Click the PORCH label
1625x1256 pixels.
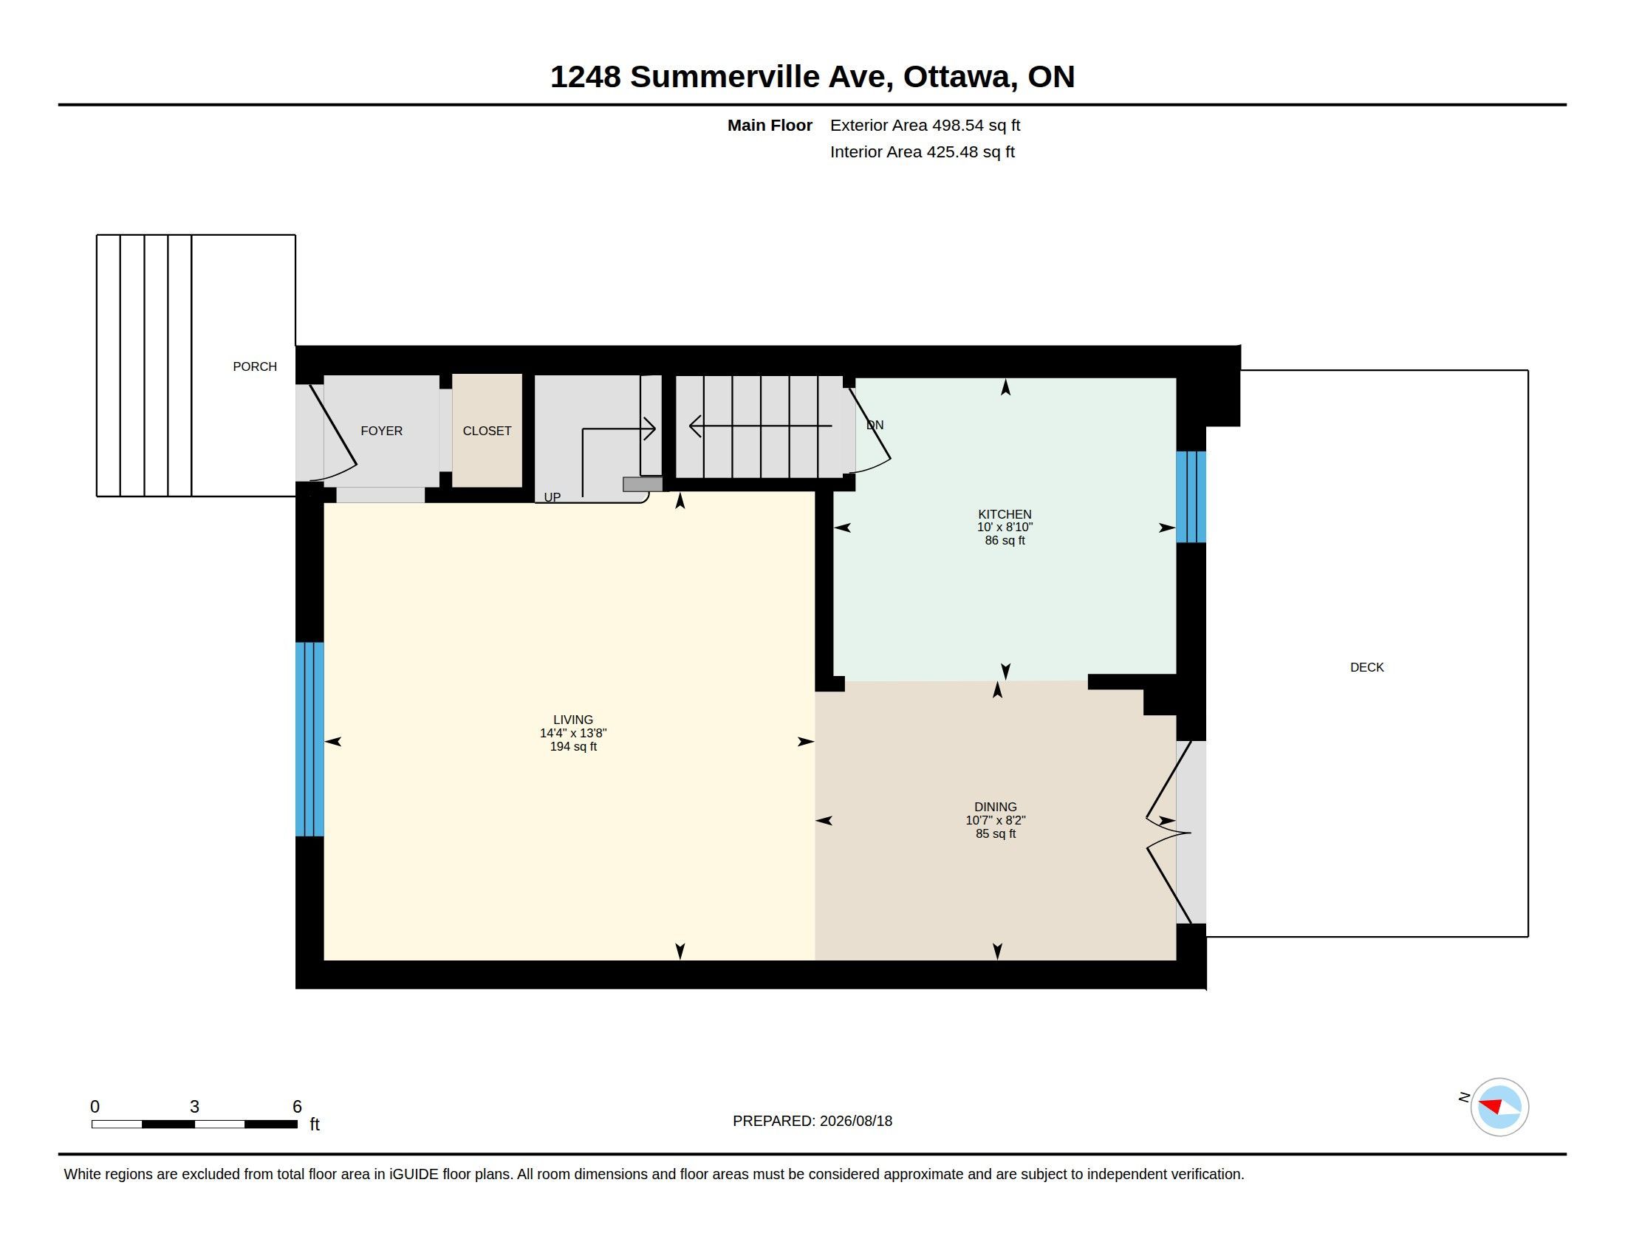click(x=255, y=366)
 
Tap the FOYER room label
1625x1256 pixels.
click(x=381, y=431)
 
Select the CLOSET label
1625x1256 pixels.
click(x=487, y=431)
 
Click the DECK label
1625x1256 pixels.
click(x=1366, y=667)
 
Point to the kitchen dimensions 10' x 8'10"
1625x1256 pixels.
click(x=1005, y=527)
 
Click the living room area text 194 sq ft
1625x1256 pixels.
click(x=573, y=746)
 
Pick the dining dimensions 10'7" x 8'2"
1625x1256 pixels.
click(x=996, y=820)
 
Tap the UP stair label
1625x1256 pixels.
click(x=552, y=497)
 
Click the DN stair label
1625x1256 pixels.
click(x=875, y=425)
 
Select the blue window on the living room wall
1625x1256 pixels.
click(x=309, y=739)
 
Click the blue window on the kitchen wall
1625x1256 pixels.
click(x=1191, y=496)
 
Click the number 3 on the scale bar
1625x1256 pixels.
click(x=194, y=1107)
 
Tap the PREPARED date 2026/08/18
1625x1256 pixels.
click(x=855, y=1121)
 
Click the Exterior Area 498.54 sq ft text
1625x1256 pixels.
click(x=925, y=125)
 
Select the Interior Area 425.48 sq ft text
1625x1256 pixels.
click(x=922, y=151)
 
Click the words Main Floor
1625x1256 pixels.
click(x=770, y=125)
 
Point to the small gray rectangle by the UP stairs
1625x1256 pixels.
click(x=642, y=485)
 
